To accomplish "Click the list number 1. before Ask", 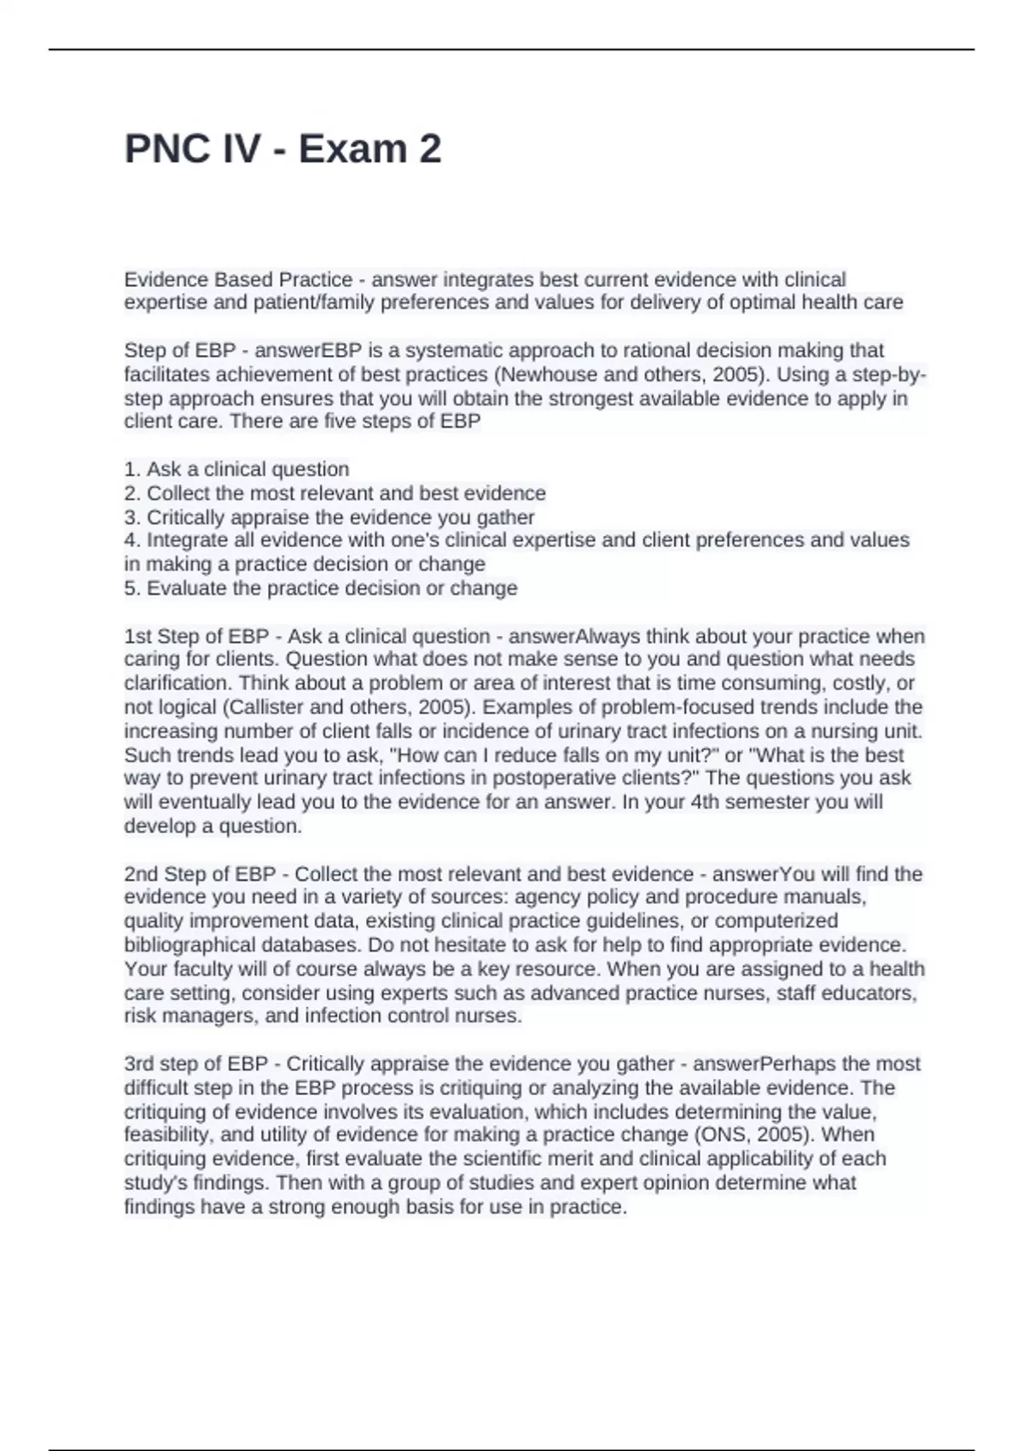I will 131,469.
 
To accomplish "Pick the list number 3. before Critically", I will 131,517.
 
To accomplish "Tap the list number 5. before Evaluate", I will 131,588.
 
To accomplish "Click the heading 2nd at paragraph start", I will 142,874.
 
